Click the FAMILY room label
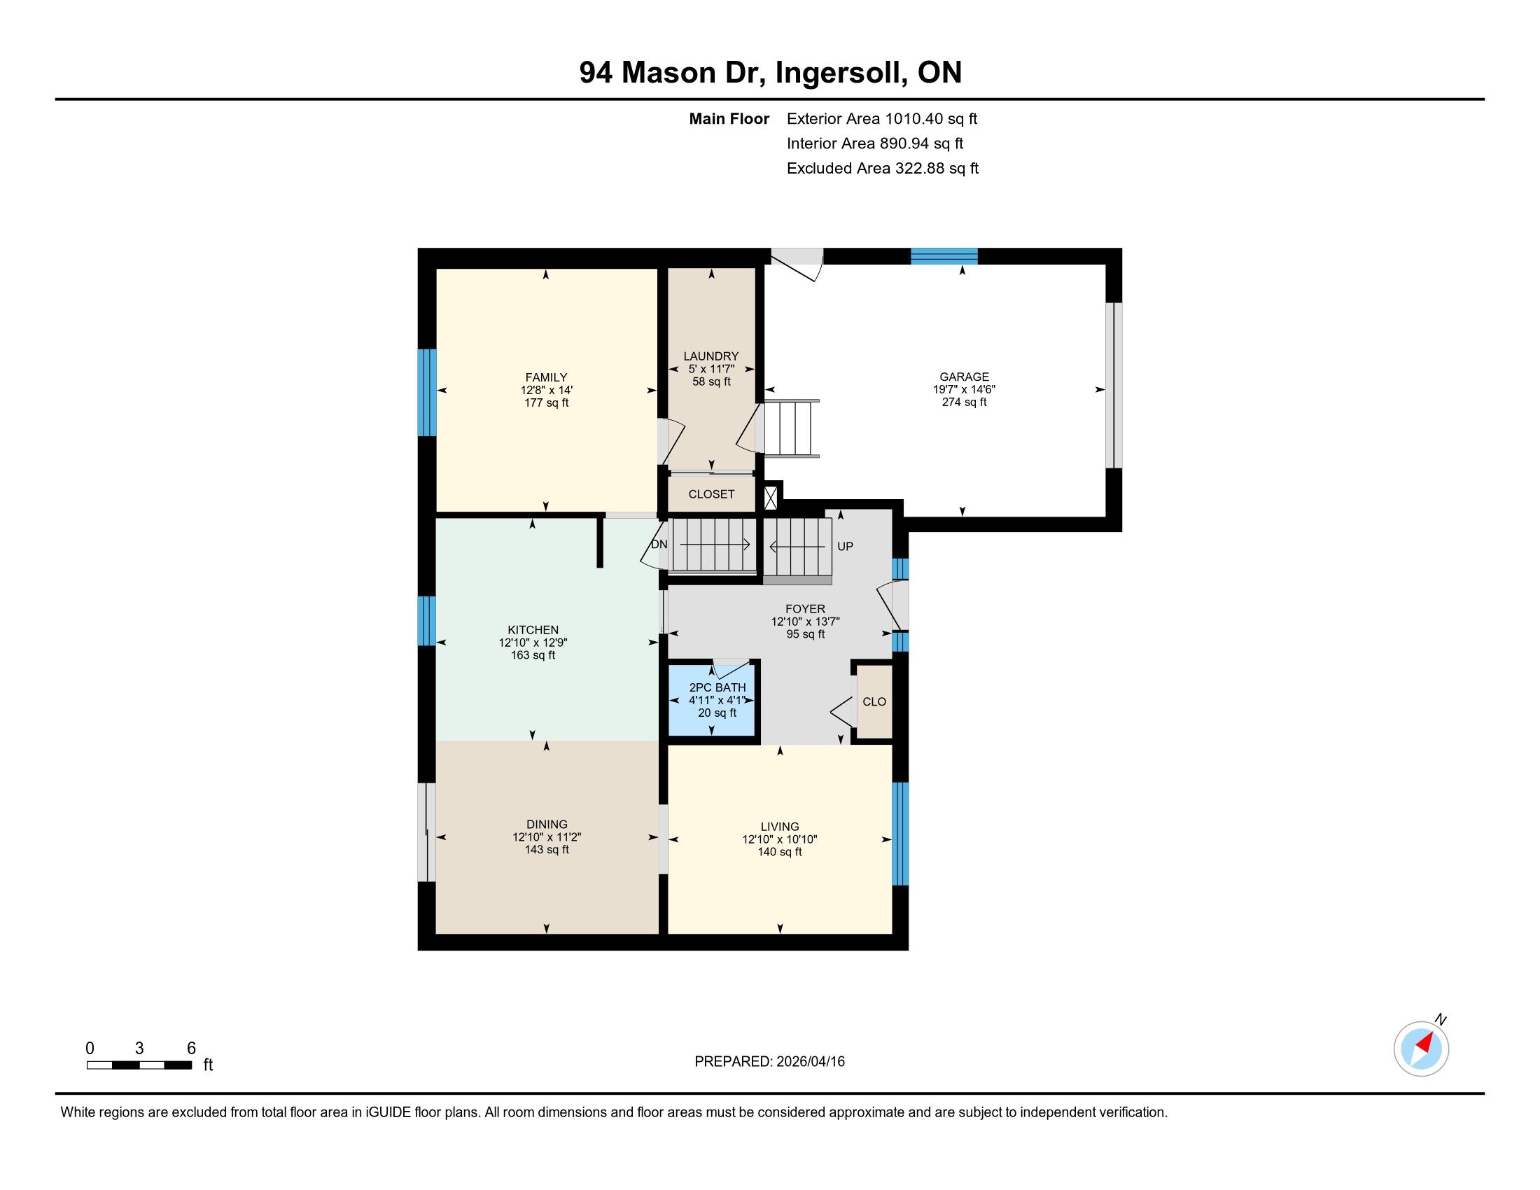pyautogui.click(x=546, y=377)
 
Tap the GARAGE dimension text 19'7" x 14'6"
pyautogui.click(x=964, y=389)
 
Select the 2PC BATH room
pyautogui.click(x=711, y=701)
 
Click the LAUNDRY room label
pyautogui.click(x=710, y=356)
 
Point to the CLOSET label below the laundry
pyautogui.click(x=711, y=494)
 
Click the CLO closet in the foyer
pyautogui.click(x=874, y=701)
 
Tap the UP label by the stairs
pyautogui.click(x=846, y=547)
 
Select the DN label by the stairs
pyautogui.click(x=659, y=544)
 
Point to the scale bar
pyautogui.click(x=139, y=1065)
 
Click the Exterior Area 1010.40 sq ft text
pyautogui.click(x=882, y=118)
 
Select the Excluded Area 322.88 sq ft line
pyautogui.click(x=883, y=168)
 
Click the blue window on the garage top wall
pyautogui.click(x=944, y=256)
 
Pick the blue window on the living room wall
pyautogui.click(x=900, y=833)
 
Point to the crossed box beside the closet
pyautogui.click(x=770, y=498)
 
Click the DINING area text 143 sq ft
pyautogui.click(x=547, y=850)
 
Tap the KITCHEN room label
pyautogui.click(x=533, y=629)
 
